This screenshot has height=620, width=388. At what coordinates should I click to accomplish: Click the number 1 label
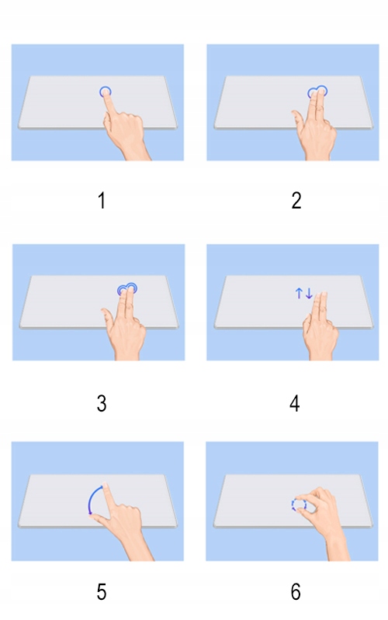(102, 201)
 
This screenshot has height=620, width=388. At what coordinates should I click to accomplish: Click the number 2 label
(296, 201)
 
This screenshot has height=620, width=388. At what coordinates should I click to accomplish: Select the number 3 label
(102, 404)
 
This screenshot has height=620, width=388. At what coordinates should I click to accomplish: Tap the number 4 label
(295, 404)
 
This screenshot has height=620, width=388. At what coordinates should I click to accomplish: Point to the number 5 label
(102, 592)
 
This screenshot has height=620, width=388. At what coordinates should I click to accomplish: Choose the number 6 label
(296, 592)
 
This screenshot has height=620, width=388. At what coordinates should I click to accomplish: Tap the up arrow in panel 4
(299, 293)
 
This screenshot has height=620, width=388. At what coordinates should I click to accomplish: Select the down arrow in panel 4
(309, 293)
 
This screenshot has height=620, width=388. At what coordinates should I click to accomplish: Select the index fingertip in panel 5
(105, 486)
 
